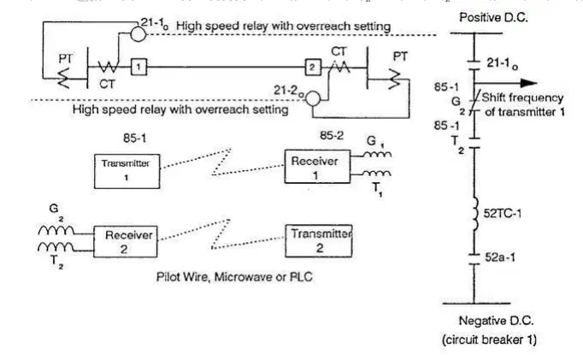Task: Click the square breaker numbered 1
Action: [138, 68]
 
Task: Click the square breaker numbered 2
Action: [313, 68]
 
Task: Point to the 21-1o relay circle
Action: [138, 34]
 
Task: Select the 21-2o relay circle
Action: [313, 99]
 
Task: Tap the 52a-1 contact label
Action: [500, 257]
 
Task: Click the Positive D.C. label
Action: [493, 17]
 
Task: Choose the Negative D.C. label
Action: [496, 321]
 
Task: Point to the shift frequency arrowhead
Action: [528, 83]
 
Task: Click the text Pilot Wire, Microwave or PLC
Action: [234, 277]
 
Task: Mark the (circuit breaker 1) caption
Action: [489, 339]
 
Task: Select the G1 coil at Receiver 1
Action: [377, 153]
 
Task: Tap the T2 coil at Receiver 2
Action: [56, 247]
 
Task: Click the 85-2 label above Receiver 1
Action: [332, 135]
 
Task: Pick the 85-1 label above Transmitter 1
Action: [134, 139]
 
